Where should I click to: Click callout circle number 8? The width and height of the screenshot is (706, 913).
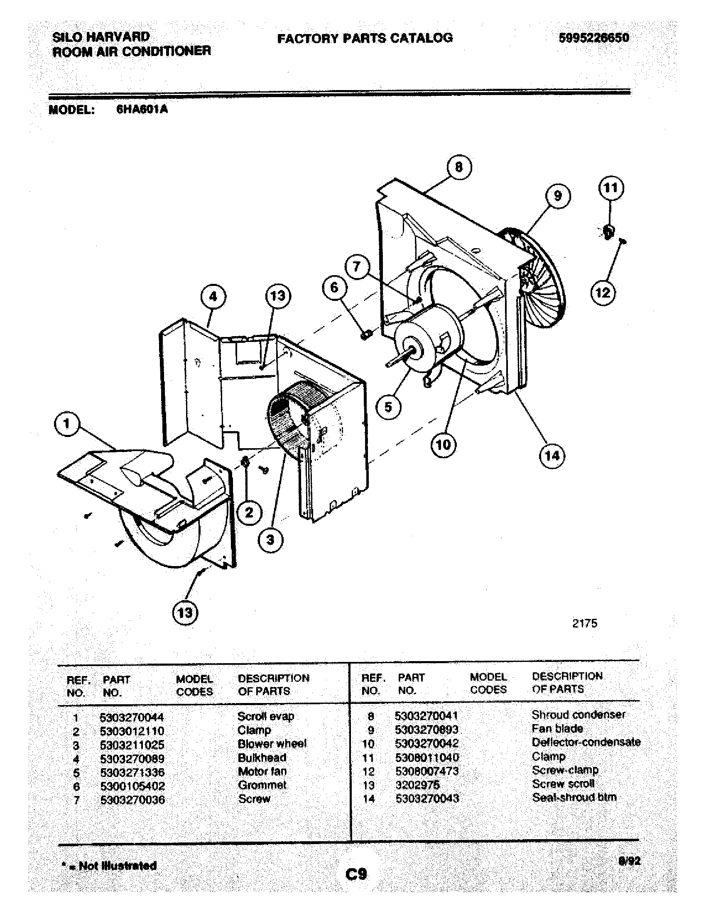459,167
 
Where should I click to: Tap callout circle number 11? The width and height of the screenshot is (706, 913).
611,188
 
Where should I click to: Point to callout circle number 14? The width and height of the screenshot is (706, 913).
552,455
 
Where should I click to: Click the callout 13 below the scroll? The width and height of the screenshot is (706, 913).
185,613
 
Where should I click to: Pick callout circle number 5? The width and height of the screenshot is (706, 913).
388,407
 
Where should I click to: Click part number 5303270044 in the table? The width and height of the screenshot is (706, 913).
132,718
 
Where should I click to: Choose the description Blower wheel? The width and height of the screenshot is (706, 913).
272,744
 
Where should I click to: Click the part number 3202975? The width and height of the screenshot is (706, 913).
417,785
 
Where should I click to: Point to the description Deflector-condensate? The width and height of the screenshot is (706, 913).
586,742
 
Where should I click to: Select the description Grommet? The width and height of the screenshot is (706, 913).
262,785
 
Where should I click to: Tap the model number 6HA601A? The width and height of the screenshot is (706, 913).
142,110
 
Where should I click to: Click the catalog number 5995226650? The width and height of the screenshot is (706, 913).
594,38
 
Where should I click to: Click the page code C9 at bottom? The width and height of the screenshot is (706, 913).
356,873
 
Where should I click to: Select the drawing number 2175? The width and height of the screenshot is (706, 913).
584,623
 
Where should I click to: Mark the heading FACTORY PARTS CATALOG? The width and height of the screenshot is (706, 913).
365,38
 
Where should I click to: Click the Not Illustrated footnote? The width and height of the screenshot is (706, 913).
110,865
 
